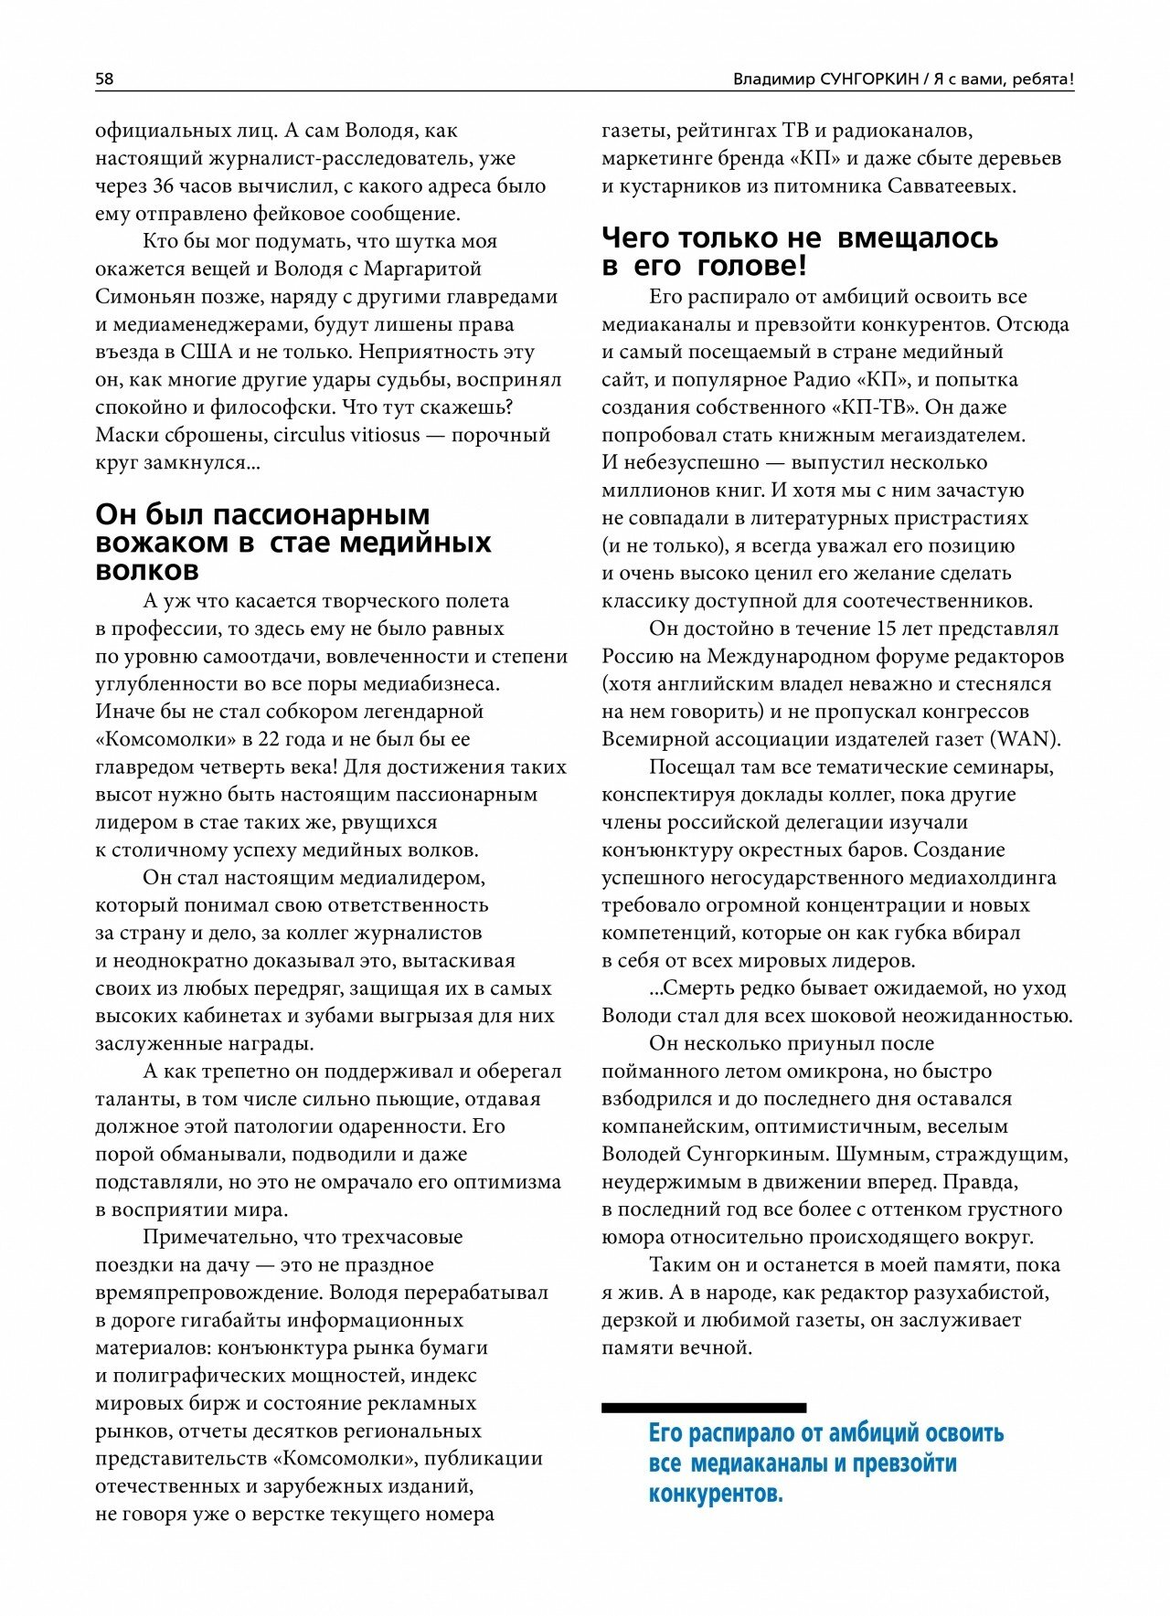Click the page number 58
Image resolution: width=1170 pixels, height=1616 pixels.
104,79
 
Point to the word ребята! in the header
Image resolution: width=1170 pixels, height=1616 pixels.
1041,79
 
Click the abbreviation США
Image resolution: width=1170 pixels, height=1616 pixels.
207,352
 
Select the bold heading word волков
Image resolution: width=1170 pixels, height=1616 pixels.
146,571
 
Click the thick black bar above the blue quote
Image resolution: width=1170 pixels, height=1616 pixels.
703,1408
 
